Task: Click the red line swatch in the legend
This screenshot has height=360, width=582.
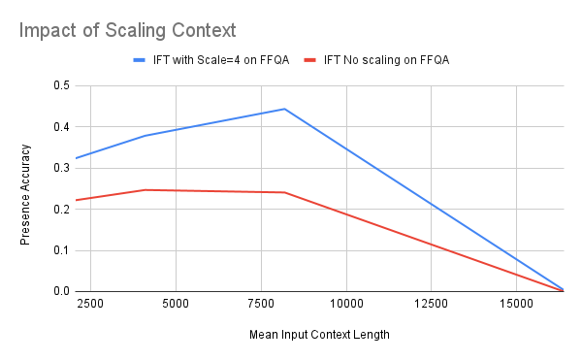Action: [311, 60]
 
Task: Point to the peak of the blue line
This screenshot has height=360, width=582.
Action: [284, 109]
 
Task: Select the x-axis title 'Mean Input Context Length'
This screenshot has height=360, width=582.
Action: [319, 335]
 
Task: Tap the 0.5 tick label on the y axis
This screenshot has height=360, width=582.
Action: [60, 86]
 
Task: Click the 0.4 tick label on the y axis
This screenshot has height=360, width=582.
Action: [60, 127]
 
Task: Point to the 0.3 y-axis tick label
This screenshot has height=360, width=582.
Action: [60, 168]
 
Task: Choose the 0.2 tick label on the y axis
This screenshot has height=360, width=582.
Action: [60, 210]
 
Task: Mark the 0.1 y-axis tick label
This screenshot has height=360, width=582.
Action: [60, 250]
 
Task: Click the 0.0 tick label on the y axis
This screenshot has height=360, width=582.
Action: [60, 291]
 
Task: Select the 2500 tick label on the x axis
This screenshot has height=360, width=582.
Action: [89, 305]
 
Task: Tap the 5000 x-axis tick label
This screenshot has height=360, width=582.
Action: [175, 305]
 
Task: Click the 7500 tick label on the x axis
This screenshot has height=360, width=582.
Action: [260, 305]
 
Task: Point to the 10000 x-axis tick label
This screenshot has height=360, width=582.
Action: [345, 305]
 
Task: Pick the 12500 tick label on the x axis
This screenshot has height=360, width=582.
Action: [431, 305]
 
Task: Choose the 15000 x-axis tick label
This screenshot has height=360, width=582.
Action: [516, 305]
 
